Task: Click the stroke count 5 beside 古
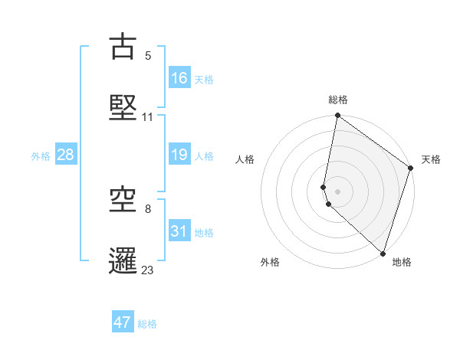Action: click(x=148, y=56)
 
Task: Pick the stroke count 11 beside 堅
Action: click(x=148, y=117)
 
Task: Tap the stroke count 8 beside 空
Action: click(x=148, y=208)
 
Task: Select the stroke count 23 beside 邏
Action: click(x=148, y=270)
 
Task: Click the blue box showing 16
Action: click(x=179, y=78)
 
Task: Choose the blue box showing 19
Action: click(x=179, y=155)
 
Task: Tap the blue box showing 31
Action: click(x=179, y=231)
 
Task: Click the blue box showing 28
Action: click(x=66, y=155)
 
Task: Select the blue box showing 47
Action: click(x=123, y=322)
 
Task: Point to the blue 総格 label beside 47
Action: click(x=147, y=324)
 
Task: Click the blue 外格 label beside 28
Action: click(x=41, y=156)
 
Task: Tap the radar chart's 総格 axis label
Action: click(x=338, y=100)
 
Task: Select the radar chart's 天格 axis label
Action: click(x=432, y=159)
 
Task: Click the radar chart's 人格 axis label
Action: click(x=245, y=159)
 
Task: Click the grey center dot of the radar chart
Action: click(x=338, y=191)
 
